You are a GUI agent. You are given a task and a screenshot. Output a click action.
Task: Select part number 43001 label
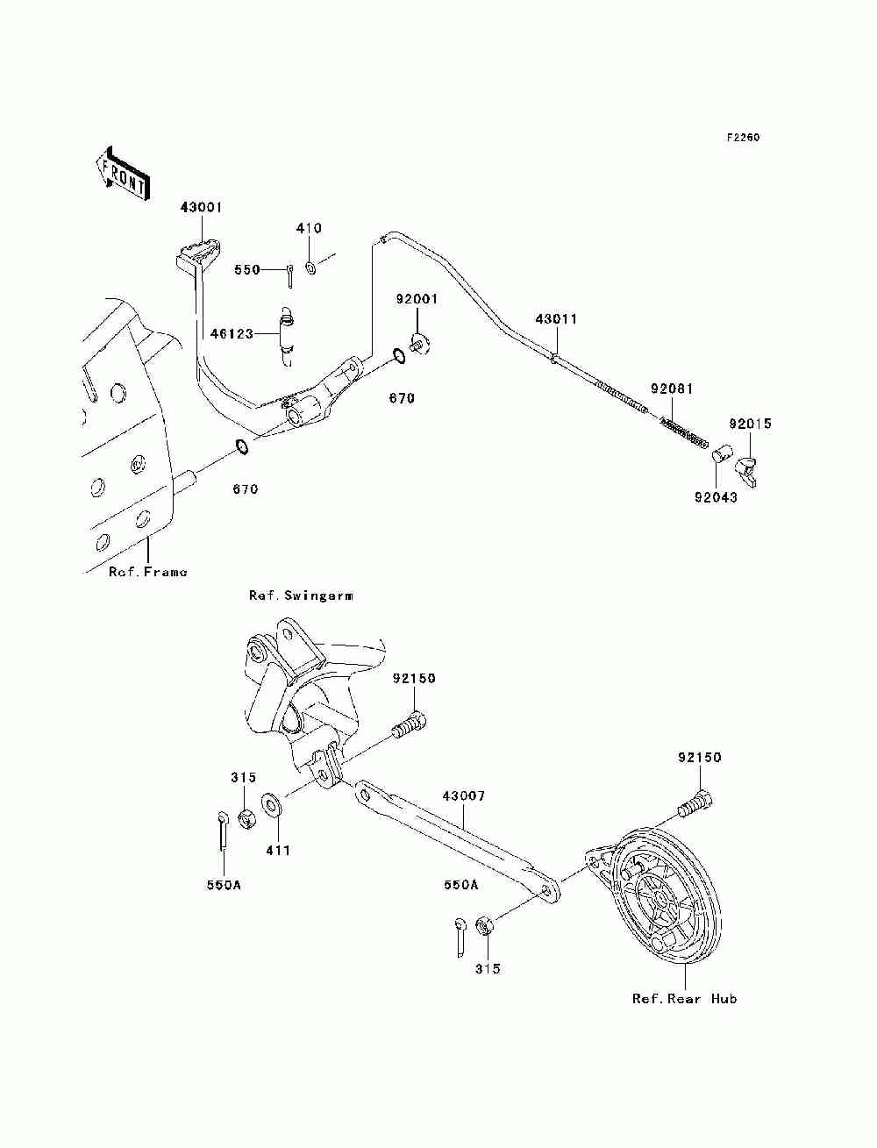(201, 208)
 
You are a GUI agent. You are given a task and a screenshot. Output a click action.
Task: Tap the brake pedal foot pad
(197, 253)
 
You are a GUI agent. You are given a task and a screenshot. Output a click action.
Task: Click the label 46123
(232, 334)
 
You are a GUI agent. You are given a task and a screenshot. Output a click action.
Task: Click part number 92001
(416, 299)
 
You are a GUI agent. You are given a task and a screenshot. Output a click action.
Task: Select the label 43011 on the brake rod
(557, 319)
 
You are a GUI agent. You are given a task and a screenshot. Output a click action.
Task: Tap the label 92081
(672, 389)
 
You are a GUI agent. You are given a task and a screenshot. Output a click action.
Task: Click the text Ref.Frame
(147, 572)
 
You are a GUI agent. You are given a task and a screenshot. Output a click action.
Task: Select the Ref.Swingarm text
(301, 595)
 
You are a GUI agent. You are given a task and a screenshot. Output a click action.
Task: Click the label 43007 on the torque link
(463, 796)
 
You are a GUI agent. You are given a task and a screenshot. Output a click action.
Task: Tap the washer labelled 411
(272, 804)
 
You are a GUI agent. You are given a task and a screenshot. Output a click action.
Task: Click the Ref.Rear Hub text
(684, 999)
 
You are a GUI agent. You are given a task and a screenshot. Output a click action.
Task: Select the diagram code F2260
(742, 138)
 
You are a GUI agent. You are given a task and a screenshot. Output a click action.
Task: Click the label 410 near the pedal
(309, 228)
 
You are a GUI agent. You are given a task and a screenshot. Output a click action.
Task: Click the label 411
(278, 850)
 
